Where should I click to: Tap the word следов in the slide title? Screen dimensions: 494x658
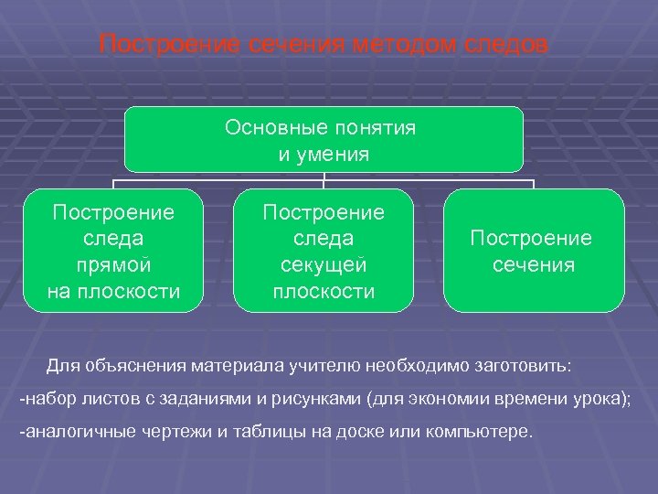click(x=504, y=44)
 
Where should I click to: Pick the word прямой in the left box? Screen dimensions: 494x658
click(x=113, y=265)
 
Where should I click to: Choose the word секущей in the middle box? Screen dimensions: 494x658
click(x=324, y=265)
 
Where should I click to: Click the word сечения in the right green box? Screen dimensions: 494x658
click(x=534, y=265)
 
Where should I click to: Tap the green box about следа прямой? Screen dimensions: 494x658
click(x=113, y=251)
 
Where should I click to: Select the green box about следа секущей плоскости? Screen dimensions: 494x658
click(x=324, y=251)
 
